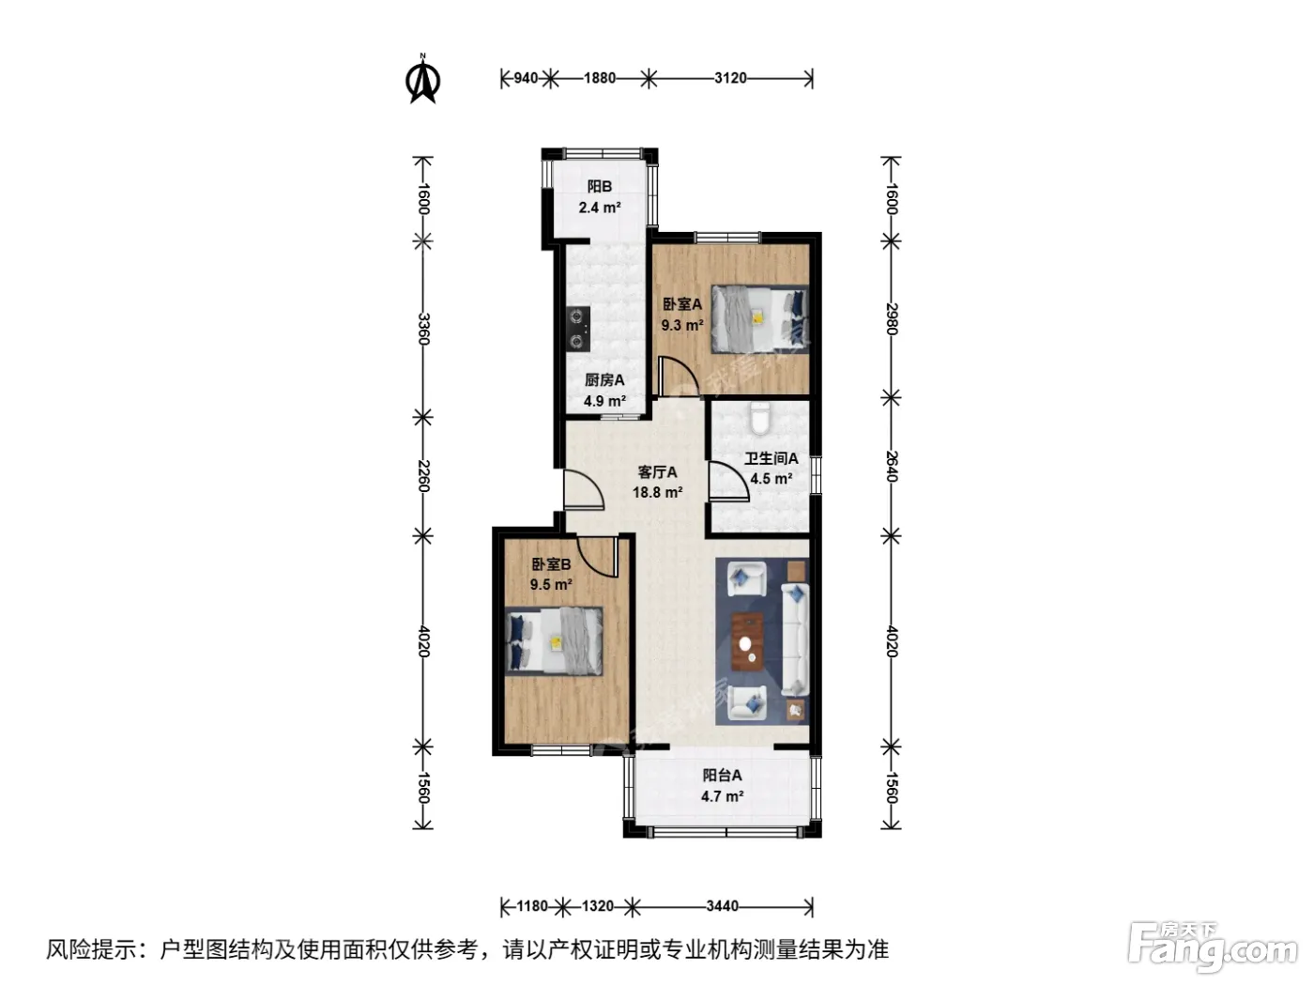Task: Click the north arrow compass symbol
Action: click(423, 79)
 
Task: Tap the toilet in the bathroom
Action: click(759, 418)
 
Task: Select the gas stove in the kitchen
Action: click(159, 329)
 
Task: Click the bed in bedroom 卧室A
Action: click(758, 318)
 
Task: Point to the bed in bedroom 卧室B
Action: click(554, 641)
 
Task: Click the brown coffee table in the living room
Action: click(747, 641)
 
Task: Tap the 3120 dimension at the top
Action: click(730, 79)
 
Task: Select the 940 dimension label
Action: click(526, 79)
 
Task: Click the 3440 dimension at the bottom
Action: click(722, 906)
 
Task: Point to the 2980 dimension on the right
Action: click(892, 318)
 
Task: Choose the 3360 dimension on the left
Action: click(423, 329)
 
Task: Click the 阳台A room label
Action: click(722, 776)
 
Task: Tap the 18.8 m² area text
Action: click(657, 492)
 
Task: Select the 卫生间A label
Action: click(772, 458)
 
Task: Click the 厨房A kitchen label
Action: click(604, 380)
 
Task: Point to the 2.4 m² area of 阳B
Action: click(599, 208)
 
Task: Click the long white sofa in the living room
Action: click(795, 639)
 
